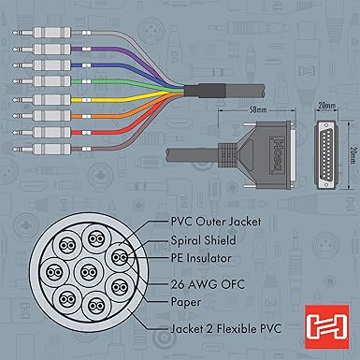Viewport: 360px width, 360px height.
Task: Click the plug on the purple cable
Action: tap(42, 49)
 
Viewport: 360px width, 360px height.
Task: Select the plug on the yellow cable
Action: tap(42, 100)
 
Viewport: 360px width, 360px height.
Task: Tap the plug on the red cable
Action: tap(42, 133)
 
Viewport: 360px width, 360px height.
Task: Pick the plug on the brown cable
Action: tap(42, 149)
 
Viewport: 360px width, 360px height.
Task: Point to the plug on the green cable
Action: tap(42, 81)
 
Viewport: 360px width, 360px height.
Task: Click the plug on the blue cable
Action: tap(42, 65)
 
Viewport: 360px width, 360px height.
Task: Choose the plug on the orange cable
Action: tap(42, 116)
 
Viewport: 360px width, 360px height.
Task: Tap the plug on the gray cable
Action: tap(42, 33)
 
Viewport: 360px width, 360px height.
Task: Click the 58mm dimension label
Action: tap(259, 110)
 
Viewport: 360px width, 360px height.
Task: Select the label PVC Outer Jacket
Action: tap(216, 222)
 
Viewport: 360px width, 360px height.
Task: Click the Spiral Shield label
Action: tap(203, 240)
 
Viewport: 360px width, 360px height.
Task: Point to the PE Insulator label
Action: tap(201, 258)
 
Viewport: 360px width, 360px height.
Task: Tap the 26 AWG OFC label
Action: tap(208, 284)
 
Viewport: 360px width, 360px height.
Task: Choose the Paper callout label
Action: tap(186, 302)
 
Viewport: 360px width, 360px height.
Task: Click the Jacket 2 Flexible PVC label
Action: tap(226, 328)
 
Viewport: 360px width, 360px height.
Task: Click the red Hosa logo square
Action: tap(327, 327)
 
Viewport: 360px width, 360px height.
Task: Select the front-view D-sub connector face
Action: tap(325, 155)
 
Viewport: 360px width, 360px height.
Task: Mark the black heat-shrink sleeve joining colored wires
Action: tap(205, 91)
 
